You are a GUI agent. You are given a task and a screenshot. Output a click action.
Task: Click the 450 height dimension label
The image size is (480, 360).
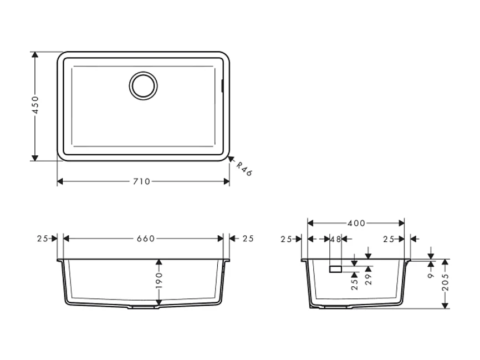[35, 105]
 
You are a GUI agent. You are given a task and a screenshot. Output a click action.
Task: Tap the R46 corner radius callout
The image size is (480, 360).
[244, 169]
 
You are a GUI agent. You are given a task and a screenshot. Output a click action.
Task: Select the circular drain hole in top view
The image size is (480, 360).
[144, 85]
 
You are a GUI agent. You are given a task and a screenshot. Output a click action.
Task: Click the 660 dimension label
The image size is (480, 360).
[146, 239]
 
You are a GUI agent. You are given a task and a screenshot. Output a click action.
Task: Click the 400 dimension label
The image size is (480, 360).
[356, 223]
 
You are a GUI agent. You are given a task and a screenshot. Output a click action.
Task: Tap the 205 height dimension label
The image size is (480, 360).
[446, 283]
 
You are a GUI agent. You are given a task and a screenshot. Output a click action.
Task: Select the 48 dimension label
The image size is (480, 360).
[335, 239]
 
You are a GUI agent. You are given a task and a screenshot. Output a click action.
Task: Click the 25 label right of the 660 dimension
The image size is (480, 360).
[248, 239]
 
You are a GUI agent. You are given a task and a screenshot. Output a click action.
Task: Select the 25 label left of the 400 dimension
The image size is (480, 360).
[287, 239]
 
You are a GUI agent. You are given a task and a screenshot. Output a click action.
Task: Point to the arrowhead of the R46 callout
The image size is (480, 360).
[231, 159]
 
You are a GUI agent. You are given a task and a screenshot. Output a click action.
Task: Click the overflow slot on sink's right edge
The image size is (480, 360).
[223, 85]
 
